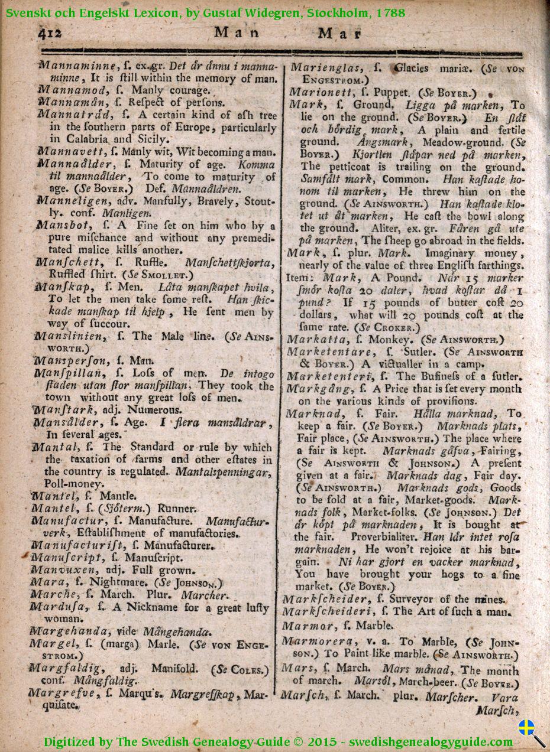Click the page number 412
[52, 34]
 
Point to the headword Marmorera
[317, 641]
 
